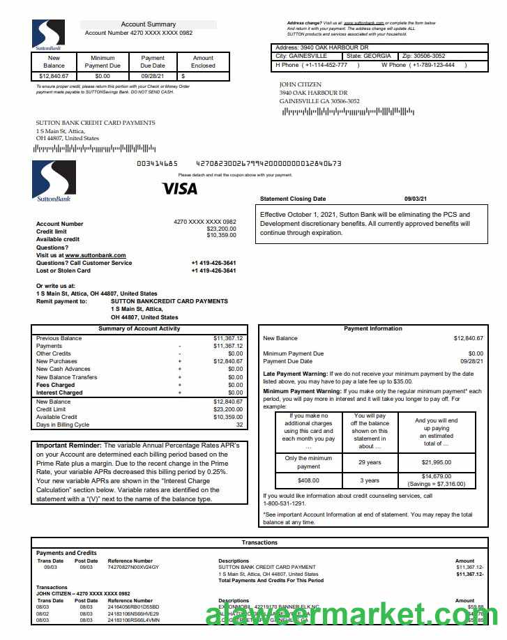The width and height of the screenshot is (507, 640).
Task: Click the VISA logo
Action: [x=180, y=188]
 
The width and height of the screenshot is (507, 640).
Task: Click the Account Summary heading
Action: [x=149, y=24]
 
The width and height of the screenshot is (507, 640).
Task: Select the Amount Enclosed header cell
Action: [x=203, y=62]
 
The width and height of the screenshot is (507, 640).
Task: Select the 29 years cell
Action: [x=370, y=463]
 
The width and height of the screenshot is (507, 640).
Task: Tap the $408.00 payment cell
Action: [x=309, y=480]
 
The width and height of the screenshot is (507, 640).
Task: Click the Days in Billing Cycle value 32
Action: [x=239, y=425]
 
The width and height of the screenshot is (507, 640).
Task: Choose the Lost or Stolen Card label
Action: [x=63, y=271]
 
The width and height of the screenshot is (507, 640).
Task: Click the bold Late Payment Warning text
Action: [x=295, y=374]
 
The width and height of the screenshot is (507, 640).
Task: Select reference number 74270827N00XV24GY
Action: [x=133, y=567]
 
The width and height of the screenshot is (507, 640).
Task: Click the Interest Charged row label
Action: [x=59, y=393]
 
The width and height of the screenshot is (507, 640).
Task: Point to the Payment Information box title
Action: [x=373, y=328]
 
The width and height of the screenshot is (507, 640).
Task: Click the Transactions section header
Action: [x=259, y=542]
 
